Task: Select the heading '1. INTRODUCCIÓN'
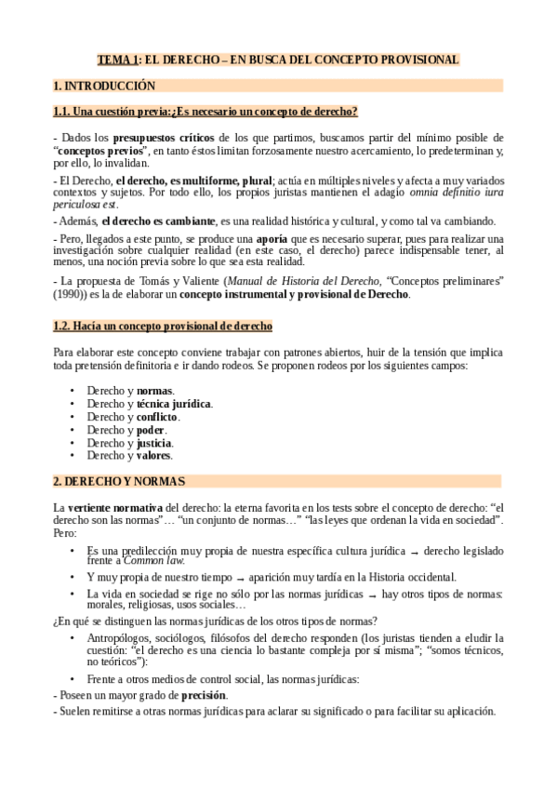tap(104, 86)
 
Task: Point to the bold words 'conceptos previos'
tap(102, 150)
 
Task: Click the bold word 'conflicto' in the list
tap(157, 417)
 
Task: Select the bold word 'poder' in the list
tap(151, 430)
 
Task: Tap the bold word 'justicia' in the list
tap(155, 443)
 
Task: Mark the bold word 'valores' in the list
tap(154, 456)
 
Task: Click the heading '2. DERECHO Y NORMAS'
tap(119, 481)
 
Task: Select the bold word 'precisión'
tap(204, 694)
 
